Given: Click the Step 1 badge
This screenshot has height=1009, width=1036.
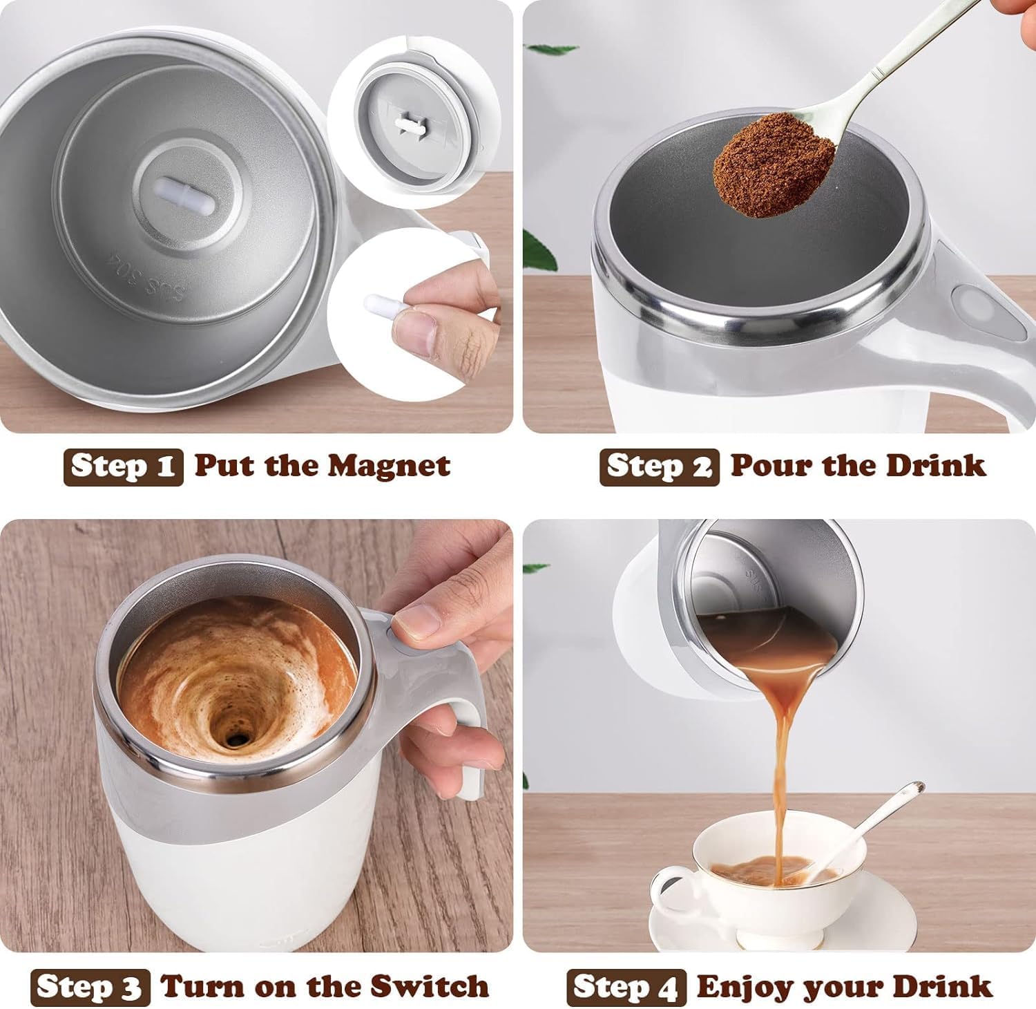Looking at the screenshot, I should [124, 466].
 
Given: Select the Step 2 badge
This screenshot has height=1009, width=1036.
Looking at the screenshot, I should [659, 466].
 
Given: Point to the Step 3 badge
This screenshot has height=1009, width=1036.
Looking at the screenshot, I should [90, 987].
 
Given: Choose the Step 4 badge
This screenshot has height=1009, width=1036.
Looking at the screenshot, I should [626, 987].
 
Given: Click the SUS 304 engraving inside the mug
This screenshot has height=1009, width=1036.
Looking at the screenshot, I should [148, 276].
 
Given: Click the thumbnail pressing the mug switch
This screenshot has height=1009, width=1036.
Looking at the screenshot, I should [416, 620].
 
